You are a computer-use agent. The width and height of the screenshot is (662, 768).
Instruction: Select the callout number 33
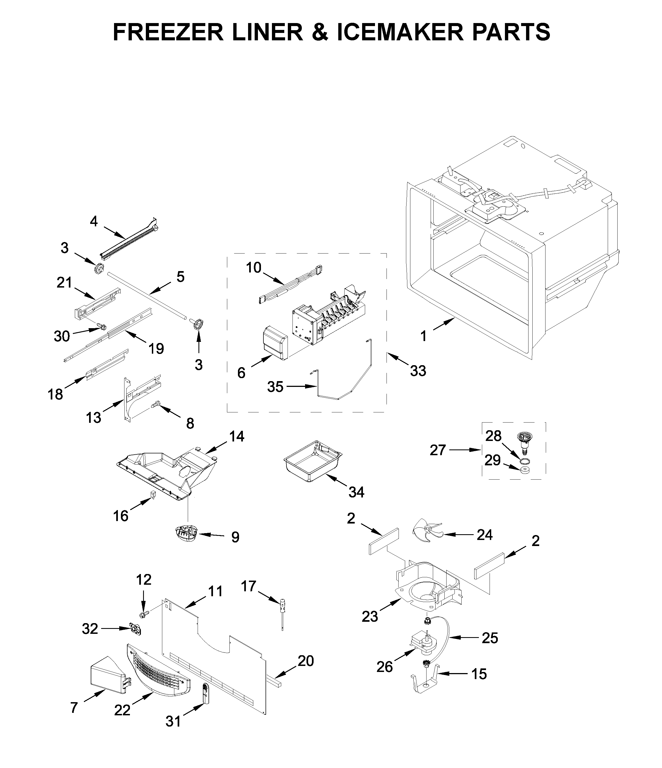click(x=418, y=370)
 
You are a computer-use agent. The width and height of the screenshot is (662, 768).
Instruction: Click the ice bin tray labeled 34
click(x=312, y=460)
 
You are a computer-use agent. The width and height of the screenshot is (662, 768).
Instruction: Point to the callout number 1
click(x=423, y=336)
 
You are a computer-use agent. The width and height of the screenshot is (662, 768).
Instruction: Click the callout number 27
click(x=437, y=450)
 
